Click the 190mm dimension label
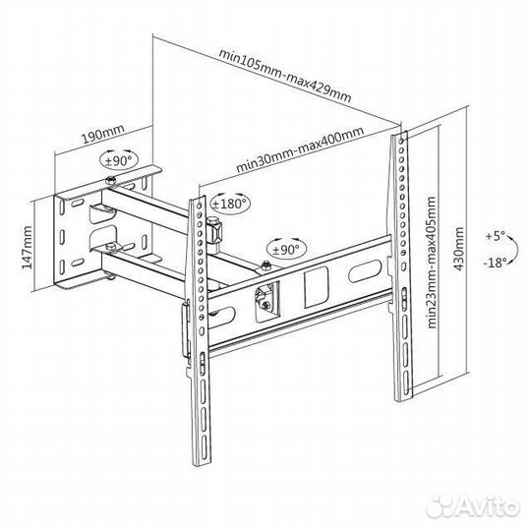coord(103,135)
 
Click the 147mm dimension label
coord(27,247)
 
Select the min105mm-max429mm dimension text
coord(285,76)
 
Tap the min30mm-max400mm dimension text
coord(300,149)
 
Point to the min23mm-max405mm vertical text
coord(431,263)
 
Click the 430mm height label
coord(458,248)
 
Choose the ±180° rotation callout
coord(230,204)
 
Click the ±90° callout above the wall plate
coord(119,160)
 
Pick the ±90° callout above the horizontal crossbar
coord(286,250)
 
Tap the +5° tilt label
coord(495,236)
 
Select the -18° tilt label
coord(495,263)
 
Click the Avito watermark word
coord(487,507)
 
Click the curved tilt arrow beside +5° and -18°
coord(517,249)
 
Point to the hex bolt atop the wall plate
coord(111,181)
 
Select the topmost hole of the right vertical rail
coord(401,141)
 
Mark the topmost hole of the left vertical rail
coord(199,206)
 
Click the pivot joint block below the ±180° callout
coord(214,232)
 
